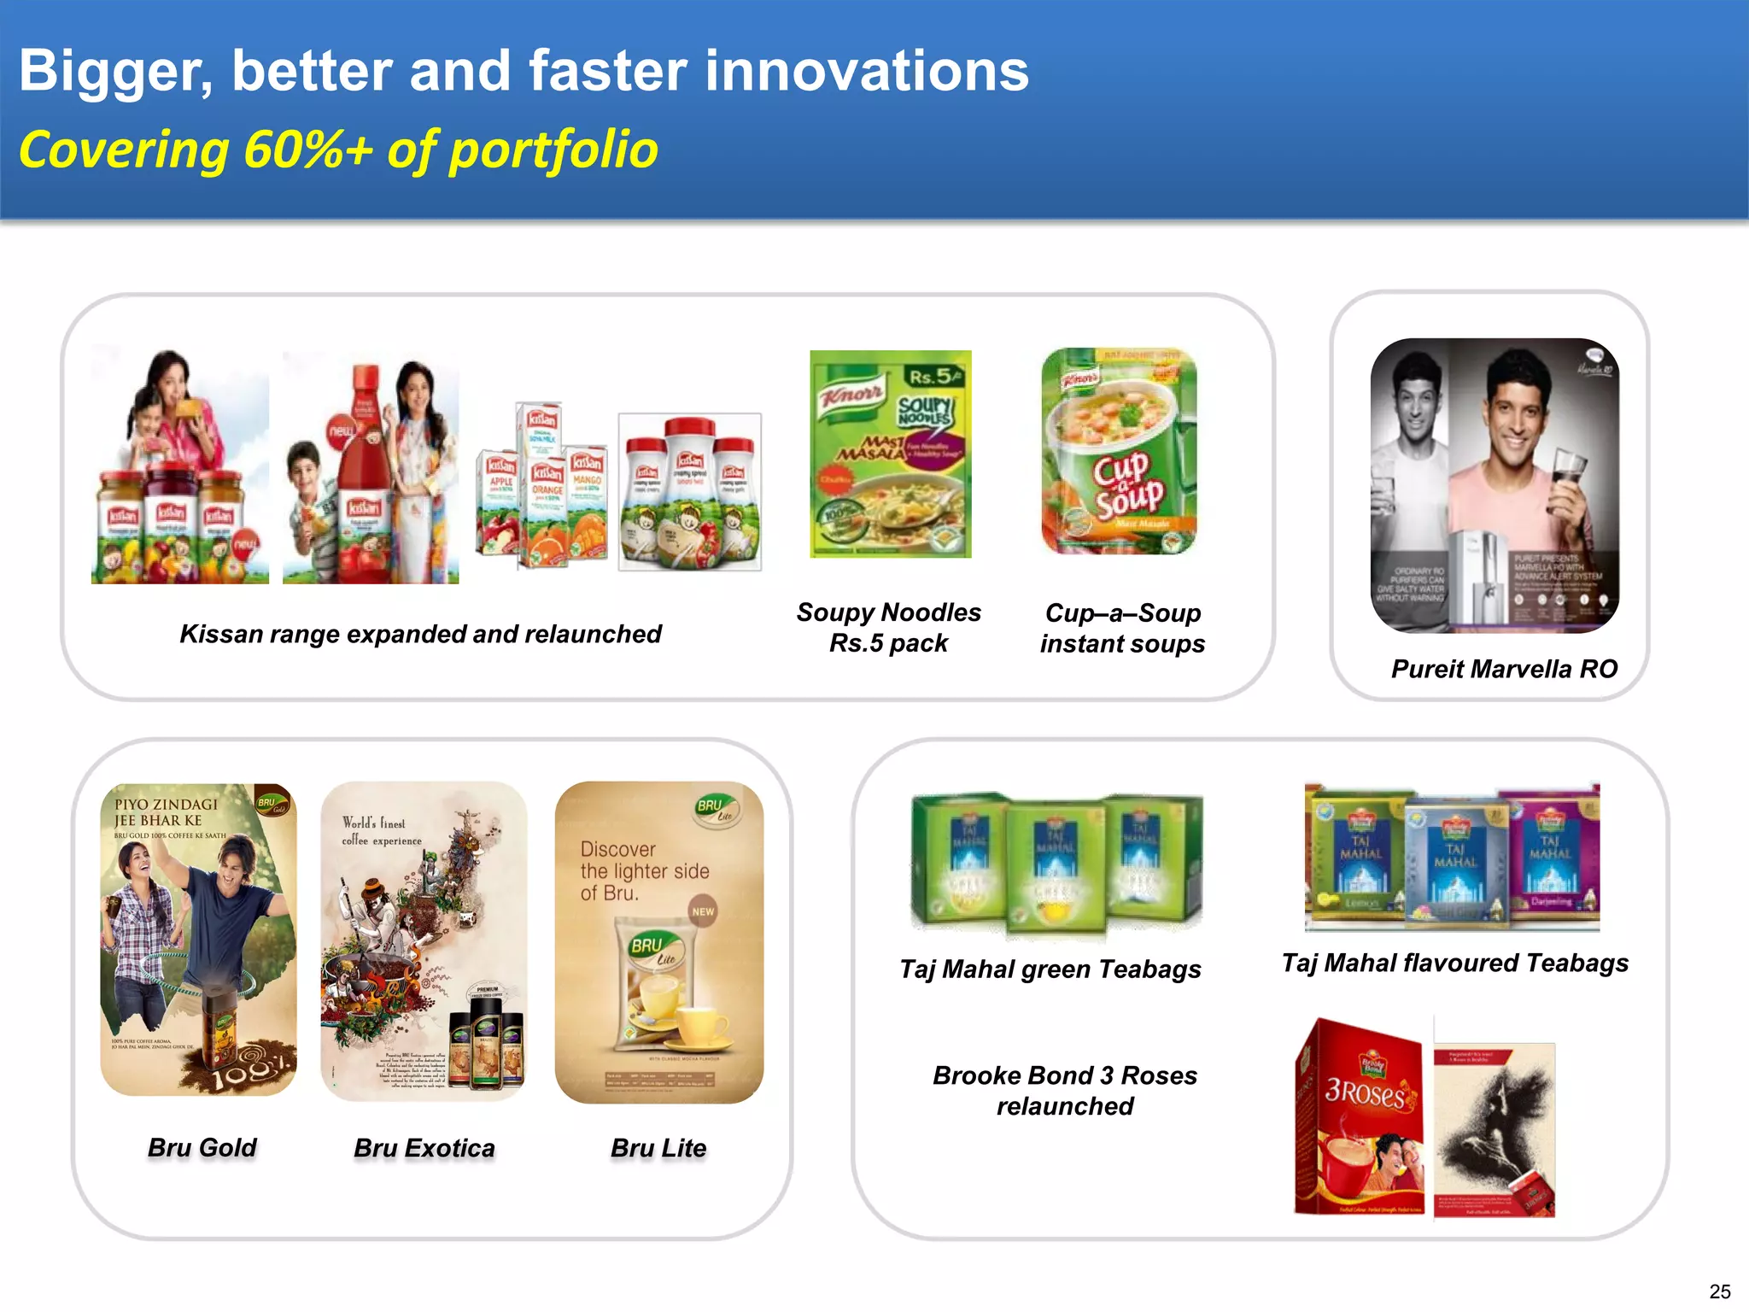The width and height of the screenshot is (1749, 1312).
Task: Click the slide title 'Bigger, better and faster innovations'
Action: pyautogui.click(x=524, y=70)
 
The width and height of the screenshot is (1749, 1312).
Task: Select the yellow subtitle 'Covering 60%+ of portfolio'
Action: pyautogui.click(x=338, y=150)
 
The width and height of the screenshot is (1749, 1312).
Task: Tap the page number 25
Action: pyautogui.click(x=1720, y=1291)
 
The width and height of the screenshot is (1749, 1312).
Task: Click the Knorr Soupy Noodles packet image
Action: pyautogui.click(x=890, y=454)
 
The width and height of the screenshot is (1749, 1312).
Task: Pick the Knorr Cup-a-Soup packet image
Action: pyautogui.click(x=1119, y=451)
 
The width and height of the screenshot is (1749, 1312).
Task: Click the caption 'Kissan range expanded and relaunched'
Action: pyautogui.click(x=420, y=634)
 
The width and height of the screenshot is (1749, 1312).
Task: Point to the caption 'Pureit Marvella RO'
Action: pyautogui.click(x=1504, y=669)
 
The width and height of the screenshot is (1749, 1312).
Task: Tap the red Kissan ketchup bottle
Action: pyautogui.click(x=365, y=461)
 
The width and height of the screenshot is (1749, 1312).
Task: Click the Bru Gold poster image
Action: pyautogui.click(x=198, y=940)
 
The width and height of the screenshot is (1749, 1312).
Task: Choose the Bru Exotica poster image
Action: pyautogui.click(x=424, y=940)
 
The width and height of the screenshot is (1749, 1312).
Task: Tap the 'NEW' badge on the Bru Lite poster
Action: pyautogui.click(x=703, y=911)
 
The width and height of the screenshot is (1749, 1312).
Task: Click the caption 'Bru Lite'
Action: pyautogui.click(x=658, y=1148)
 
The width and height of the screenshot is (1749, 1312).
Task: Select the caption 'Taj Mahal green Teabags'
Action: pyautogui.click(x=1050, y=969)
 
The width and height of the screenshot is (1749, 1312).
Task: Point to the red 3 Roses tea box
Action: pyautogui.click(x=1360, y=1115)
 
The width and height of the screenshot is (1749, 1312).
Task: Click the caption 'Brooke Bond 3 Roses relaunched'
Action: pyautogui.click(x=1065, y=1091)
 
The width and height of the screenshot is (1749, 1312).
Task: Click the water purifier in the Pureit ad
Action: pyautogui.click(x=1479, y=577)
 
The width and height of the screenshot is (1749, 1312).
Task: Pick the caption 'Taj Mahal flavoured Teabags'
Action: pyautogui.click(x=1454, y=963)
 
